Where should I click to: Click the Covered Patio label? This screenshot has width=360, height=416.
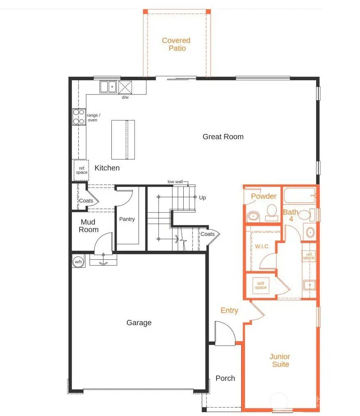pos(176,44)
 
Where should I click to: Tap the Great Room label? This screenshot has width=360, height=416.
pos(223,136)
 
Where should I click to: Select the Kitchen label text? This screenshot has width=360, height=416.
pos(107,168)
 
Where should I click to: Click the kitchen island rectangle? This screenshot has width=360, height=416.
pos(123,139)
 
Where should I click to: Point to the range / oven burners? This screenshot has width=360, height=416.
pos(78,116)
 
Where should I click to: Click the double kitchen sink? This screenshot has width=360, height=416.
pos(108,87)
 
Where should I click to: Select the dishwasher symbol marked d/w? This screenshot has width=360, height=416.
pos(125,87)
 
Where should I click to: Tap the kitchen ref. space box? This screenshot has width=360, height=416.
pos(81,170)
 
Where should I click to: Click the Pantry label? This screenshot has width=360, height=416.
pos(127,219)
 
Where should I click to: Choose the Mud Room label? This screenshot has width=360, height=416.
pos(88,226)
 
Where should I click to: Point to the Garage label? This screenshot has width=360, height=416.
pos(139,323)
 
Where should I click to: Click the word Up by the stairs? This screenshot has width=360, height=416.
pos(202,198)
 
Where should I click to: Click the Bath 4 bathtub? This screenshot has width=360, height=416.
pos(299,195)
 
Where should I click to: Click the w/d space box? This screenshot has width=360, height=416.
pos(261,285)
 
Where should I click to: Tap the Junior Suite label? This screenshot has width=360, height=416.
pos(279,360)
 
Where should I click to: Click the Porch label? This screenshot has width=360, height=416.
pos(225,378)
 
